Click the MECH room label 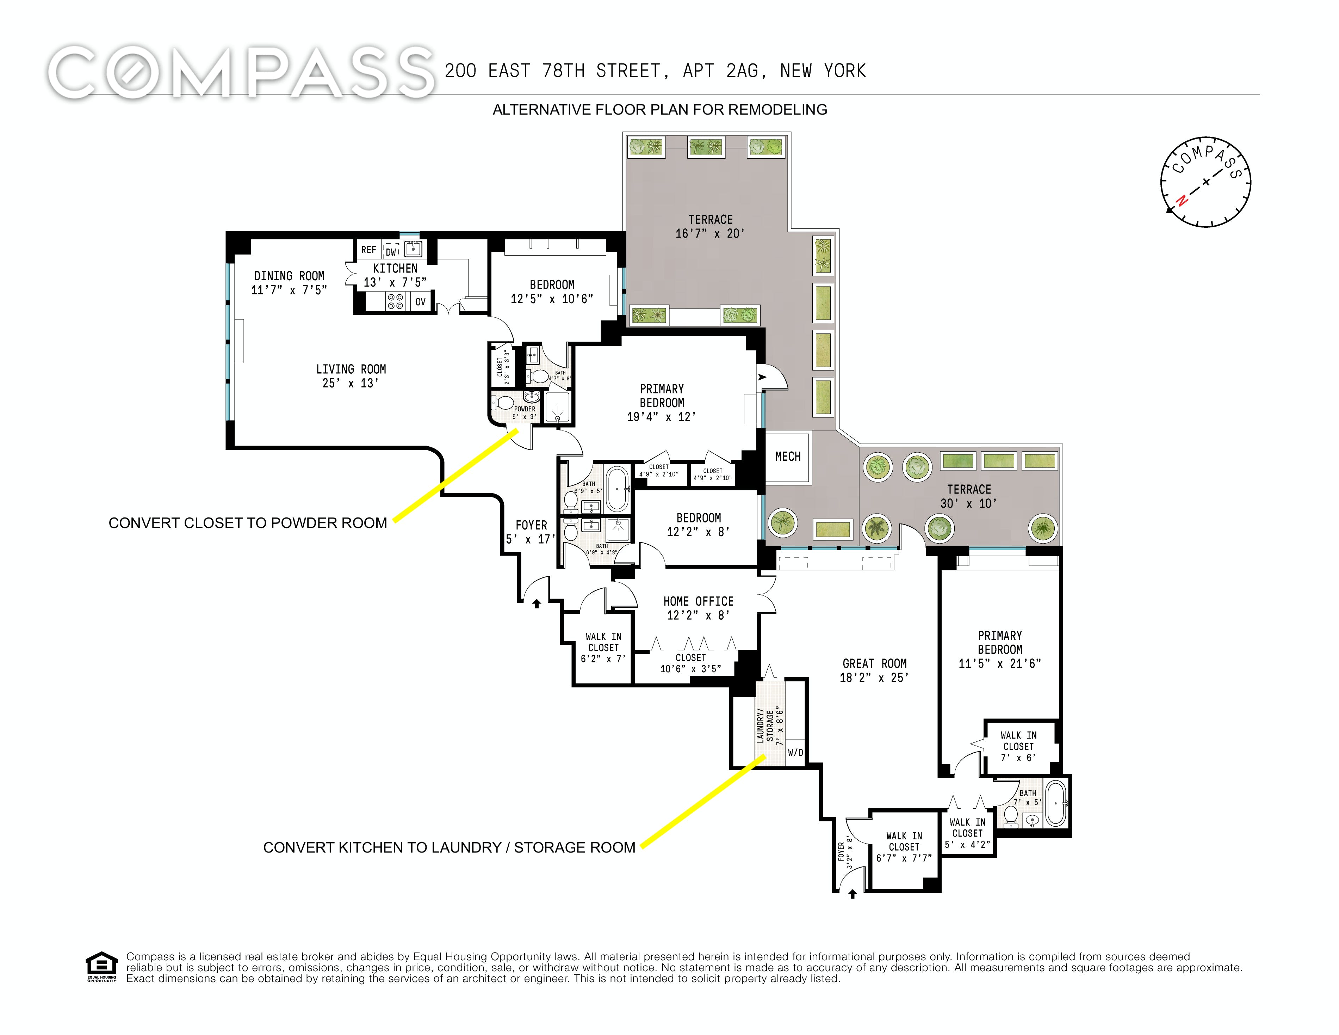788,457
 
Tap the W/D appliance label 795,753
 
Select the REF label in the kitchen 368,250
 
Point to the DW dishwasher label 391,252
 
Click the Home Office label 698,608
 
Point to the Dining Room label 289,283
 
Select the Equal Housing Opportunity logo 101,967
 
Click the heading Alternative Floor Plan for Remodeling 660,110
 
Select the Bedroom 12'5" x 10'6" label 552,292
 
